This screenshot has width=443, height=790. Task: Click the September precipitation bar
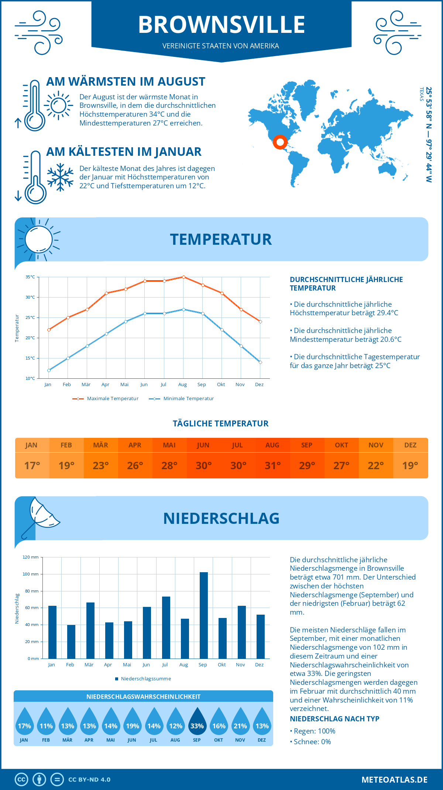204,615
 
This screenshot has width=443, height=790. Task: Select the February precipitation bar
71,642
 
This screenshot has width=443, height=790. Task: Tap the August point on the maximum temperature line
183,277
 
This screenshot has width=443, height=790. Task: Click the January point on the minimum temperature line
49,370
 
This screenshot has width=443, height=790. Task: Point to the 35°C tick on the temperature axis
31,277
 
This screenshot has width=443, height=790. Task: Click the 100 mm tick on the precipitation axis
31,574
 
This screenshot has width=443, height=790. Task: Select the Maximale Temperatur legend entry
106,399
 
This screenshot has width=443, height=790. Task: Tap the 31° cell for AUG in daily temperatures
272,466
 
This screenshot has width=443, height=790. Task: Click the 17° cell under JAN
32,466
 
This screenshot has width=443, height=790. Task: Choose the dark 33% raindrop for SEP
197,722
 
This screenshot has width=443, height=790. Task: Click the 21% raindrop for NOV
240,722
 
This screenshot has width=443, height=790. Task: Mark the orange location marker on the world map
280,142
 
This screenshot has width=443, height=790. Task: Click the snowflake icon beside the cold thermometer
60,177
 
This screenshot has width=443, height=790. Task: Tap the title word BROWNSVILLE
221,25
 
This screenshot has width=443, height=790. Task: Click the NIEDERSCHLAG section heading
221,518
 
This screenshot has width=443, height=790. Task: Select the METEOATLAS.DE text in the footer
394,780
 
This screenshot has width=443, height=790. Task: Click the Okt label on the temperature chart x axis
221,385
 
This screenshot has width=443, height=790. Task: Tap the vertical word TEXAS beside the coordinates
421,94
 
